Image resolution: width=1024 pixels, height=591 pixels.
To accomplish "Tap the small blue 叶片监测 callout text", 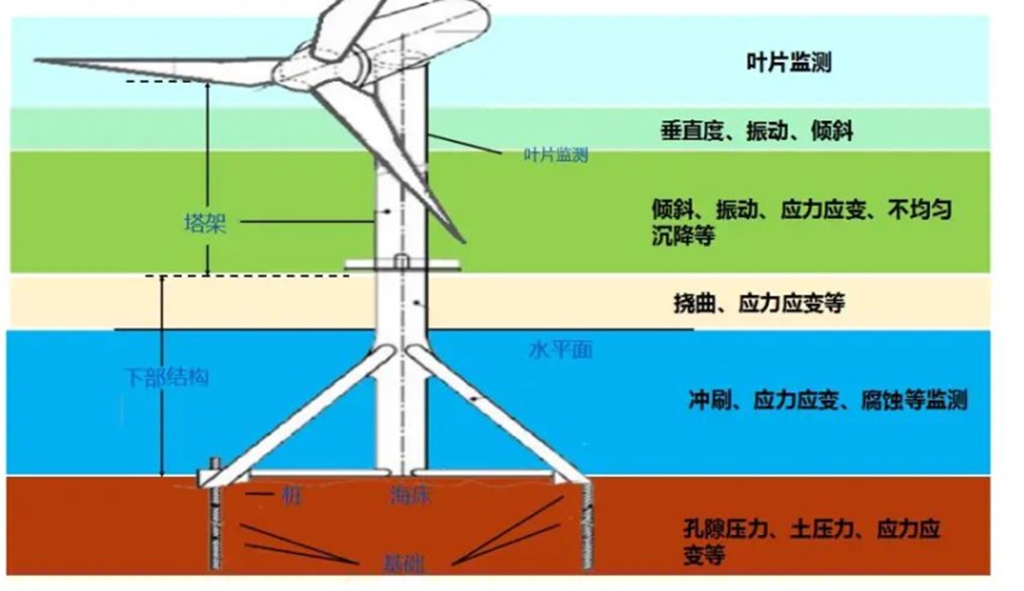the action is [x=556, y=156].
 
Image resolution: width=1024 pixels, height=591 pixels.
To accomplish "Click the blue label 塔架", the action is [x=204, y=224].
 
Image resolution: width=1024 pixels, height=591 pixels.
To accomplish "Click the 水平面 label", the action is [x=560, y=351].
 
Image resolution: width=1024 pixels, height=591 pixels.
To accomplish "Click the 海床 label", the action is [x=409, y=497].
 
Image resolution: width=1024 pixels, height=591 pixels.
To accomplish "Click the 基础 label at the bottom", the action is [x=403, y=564].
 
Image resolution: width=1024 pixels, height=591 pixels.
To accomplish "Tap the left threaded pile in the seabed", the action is [x=213, y=527].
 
